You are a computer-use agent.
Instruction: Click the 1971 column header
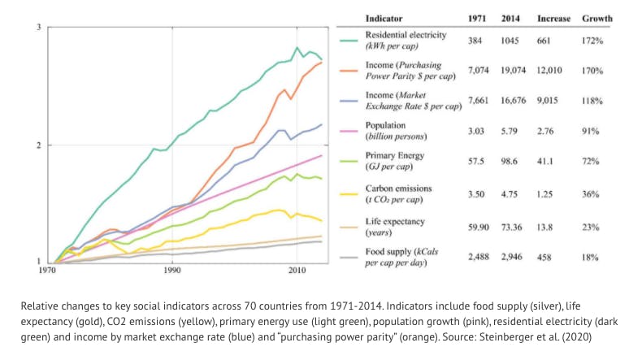click(479, 19)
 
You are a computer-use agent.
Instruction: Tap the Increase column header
click(553, 19)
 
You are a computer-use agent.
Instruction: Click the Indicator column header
click(384, 19)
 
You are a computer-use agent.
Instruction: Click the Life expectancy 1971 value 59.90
click(477, 225)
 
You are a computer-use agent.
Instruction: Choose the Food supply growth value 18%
click(592, 256)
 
